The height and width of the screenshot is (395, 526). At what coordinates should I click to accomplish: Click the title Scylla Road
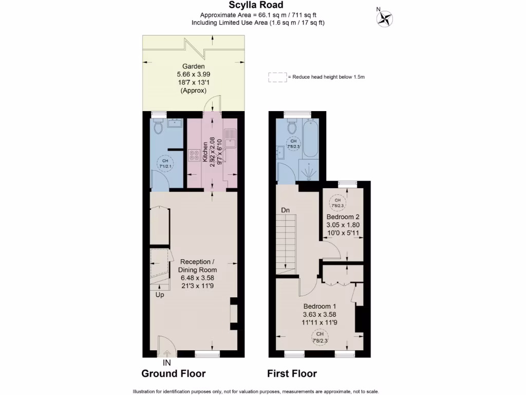(263, 5)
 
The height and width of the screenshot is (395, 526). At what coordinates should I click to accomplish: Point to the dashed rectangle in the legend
(277, 77)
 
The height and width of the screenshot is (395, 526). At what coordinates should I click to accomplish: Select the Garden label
(194, 66)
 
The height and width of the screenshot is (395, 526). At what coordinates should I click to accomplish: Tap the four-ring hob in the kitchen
(195, 155)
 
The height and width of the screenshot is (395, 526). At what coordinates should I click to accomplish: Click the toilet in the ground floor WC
(159, 126)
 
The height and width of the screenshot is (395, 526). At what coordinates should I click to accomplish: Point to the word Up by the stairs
(161, 295)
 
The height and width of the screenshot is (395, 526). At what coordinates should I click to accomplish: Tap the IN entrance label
(166, 363)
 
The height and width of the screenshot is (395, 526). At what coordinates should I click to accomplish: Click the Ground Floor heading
(174, 374)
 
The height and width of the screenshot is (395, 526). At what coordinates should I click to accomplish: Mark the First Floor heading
(292, 374)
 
